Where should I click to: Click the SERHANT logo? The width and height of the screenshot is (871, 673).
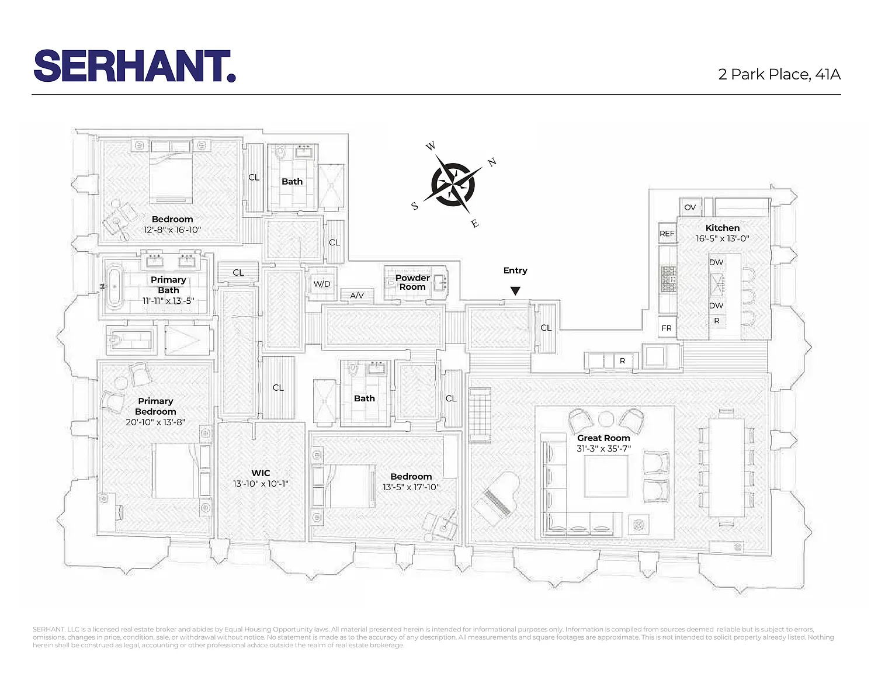coord(135,66)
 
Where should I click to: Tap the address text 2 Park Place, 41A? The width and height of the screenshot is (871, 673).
coord(779,75)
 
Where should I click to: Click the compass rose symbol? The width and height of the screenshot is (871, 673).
coord(453,185)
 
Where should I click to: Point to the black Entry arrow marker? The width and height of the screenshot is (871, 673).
coord(515,290)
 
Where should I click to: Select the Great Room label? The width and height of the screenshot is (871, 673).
coord(603,438)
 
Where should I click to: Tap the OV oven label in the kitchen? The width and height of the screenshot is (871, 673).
coord(690,207)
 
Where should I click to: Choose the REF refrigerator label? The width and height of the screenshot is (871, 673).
coord(667,233)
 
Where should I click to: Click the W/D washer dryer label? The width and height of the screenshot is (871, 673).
coord(322,284)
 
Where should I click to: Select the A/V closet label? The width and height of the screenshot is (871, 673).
coord(357,296)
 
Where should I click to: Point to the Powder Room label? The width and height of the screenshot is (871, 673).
coord(412,282)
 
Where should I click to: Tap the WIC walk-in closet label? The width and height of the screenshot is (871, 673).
coord(261,473)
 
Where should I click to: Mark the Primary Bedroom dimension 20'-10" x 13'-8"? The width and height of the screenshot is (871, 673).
coord(155,422)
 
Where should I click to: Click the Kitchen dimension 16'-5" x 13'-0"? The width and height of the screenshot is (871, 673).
coord(722,238)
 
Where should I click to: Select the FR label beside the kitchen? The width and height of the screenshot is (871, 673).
coord(667,328)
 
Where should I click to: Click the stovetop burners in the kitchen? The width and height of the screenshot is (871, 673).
coord(668,279)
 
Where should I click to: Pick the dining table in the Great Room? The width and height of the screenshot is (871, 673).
coord(726,467)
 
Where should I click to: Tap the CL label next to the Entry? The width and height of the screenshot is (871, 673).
coord(546,328)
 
